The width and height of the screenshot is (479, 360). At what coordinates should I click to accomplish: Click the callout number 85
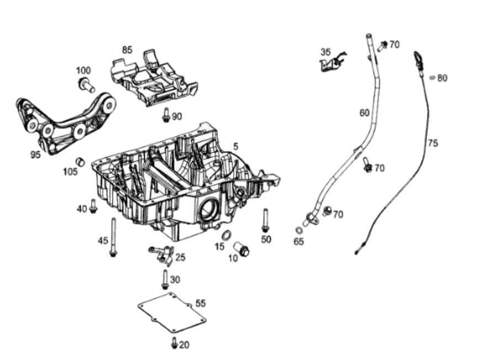click(x=127, y=50)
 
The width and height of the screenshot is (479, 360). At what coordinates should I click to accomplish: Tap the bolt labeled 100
click(x=87, y=84)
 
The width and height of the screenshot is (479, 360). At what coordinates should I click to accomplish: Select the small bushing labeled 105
click(x=80, y=162)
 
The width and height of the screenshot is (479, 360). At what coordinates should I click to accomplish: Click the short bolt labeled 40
click(x=93, y=206)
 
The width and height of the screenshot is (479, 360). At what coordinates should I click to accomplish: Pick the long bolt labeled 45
click(x=113, y=237)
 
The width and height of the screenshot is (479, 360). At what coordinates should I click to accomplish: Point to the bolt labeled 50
click(x=265, y=220)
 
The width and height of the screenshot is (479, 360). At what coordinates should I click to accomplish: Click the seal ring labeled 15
click(x=227, y=236)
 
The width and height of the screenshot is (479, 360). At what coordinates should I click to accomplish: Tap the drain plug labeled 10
click(x=241, y=249)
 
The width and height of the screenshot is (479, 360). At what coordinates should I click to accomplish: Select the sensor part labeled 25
click(x=162, y=254)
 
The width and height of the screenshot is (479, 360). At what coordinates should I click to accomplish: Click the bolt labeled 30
click(x=165, y=279)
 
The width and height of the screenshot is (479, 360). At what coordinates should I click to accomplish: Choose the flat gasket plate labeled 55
click(x=172, y=313)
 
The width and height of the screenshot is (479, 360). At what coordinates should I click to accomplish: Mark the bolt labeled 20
click(x=175, y=343)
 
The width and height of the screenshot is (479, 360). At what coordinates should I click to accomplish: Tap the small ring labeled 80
click(x=432, y=77)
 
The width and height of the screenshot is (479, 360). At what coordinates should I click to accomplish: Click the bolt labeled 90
click(x=166, y=115)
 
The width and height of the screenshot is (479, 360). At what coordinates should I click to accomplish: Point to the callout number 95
click(x=35, y=155)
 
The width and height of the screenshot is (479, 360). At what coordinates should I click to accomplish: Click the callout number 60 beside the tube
click(x=365, y=113)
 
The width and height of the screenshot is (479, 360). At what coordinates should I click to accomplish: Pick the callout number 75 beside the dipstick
click(x=433, y=142)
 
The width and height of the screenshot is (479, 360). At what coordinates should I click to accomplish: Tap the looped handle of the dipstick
click(x=417, y=58)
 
